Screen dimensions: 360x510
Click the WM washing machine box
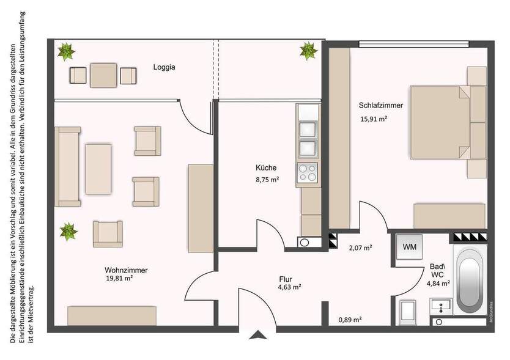(x=409, y=248)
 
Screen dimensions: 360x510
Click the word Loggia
(x=164, y=68)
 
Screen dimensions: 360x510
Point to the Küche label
(x=266, y=167)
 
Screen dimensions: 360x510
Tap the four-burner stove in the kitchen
(x=307, y=172)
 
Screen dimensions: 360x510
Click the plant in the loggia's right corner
(x=308, y=50)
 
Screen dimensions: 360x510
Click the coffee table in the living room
(x=98, y=168)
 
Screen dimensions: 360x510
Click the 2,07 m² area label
(x=361, y=248)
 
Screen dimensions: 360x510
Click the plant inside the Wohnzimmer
(x=68, y=232)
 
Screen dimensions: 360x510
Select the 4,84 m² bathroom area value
(x=438, y=283)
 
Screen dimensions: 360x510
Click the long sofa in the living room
(x=68, y=166)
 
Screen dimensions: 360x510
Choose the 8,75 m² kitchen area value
(x=267, y=179)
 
